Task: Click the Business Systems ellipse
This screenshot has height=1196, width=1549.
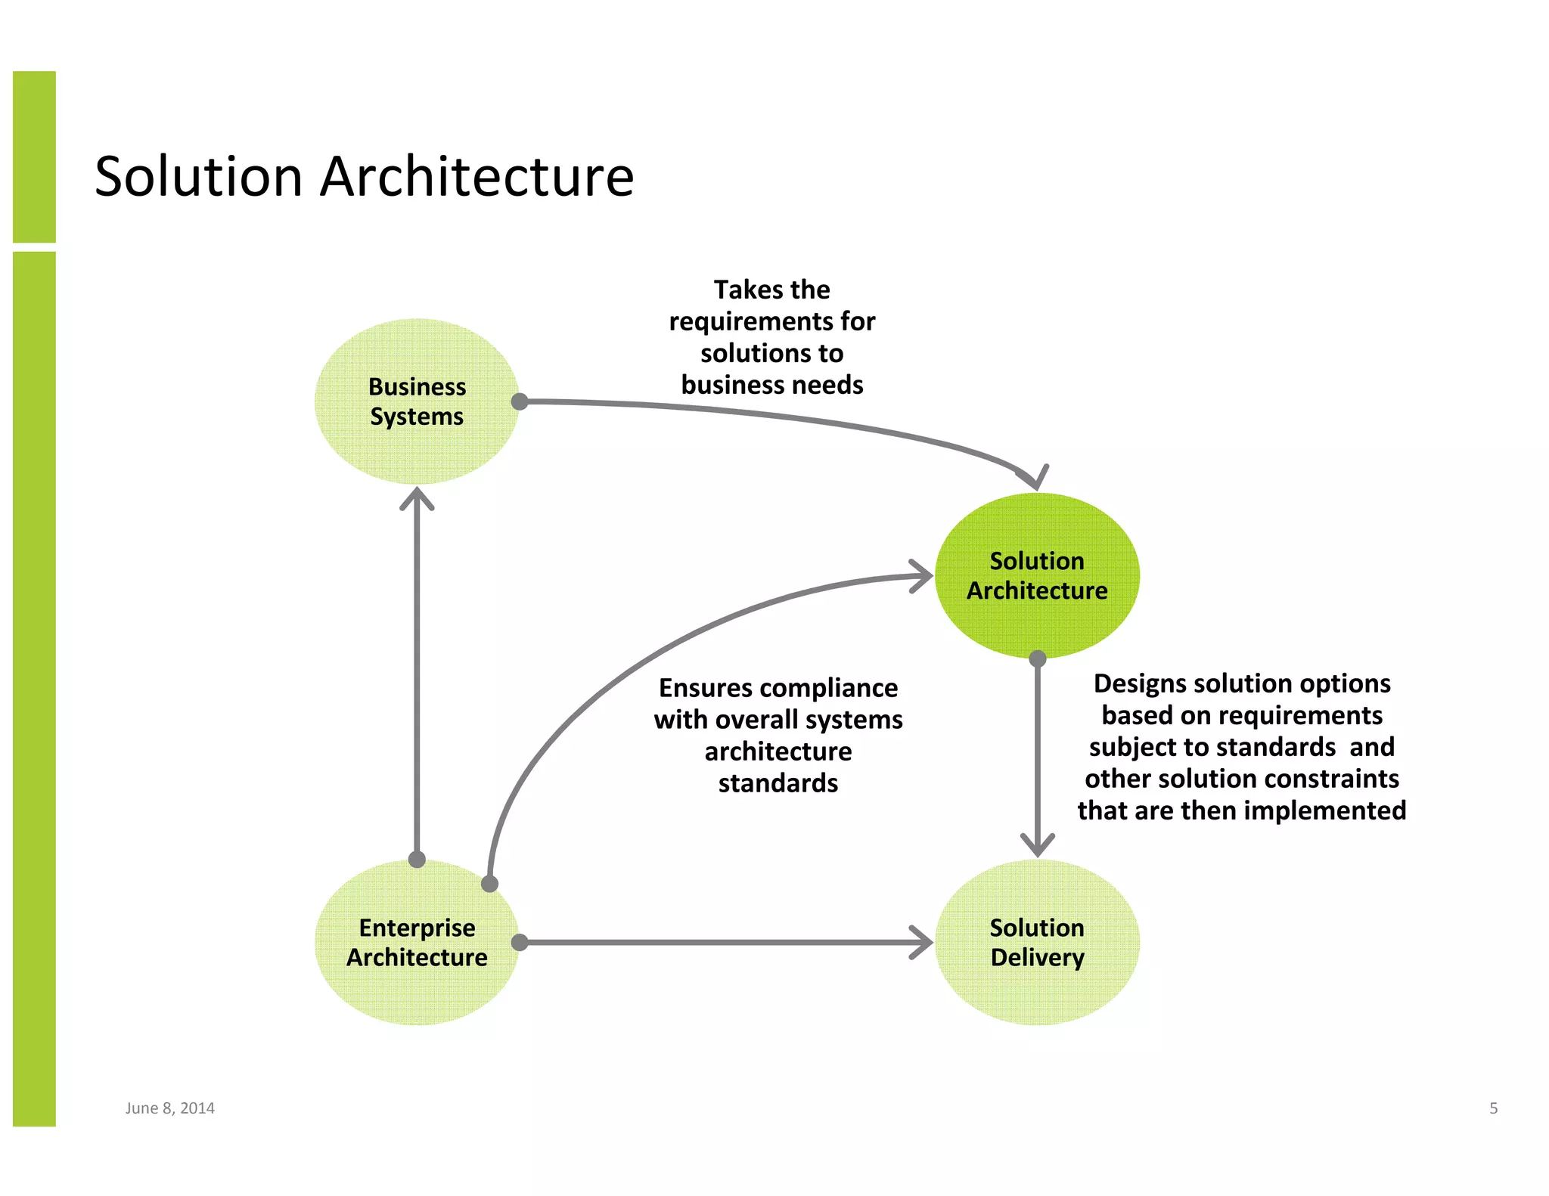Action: tap(417, 438)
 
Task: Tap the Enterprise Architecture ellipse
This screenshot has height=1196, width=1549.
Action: tap(417, 983)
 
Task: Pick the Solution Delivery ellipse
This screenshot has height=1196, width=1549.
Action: tap(1037, 983)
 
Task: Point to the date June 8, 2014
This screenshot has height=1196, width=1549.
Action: tap(169, 1108)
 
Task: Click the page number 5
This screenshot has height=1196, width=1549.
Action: tap(1493, 1108)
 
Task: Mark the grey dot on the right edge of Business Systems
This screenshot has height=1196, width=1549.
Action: tap(520, 401)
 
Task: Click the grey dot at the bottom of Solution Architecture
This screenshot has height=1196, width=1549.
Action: tap(1038, 658)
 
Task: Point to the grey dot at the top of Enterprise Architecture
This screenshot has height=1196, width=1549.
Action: tap(417, 860)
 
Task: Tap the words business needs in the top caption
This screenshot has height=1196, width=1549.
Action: tap(771, 385)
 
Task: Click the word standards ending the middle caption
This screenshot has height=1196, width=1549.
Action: tap(778, 783)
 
